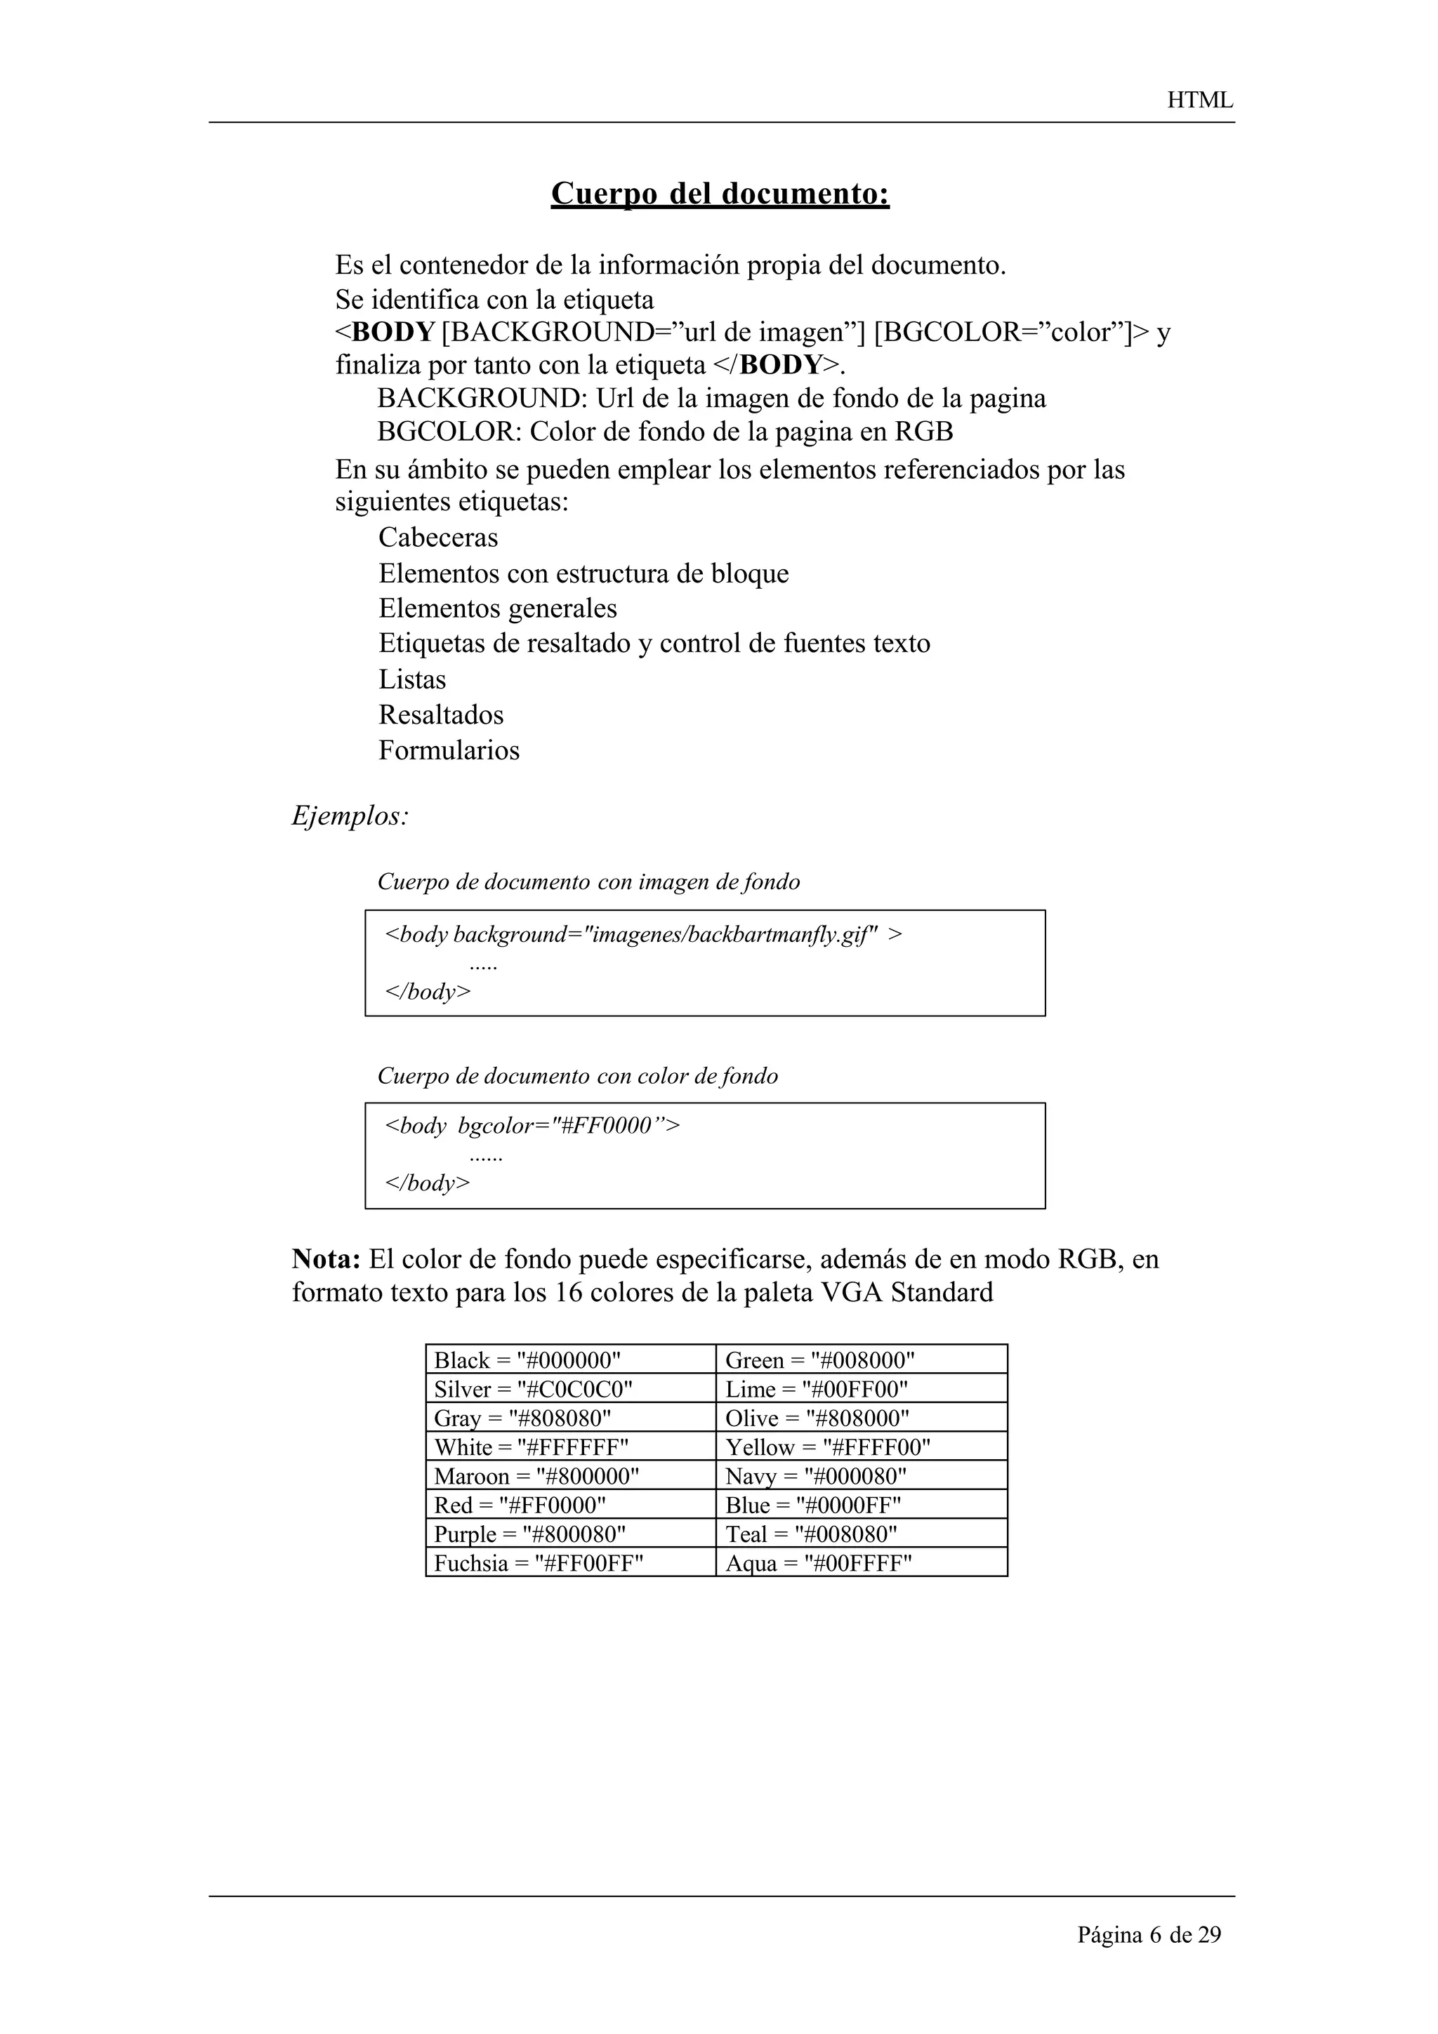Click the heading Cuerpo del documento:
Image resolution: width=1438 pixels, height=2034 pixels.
pyautogui.click(x=720, y=193)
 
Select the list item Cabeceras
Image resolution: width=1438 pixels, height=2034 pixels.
pyautogui.click(x=437, y=538)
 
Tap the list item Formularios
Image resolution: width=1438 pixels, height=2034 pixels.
pyautogui.click(x=449, y=750)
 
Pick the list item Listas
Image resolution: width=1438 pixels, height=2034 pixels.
pyautogui.click(x=412, y=679)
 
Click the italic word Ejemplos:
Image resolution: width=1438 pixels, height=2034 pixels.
pyautogui.click(x=350, y=816)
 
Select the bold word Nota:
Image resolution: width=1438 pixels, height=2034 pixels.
pyautogui.click(x=325, y=1259)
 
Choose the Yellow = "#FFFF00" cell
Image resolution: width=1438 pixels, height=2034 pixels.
pyautogui.click(x=828, y=1447)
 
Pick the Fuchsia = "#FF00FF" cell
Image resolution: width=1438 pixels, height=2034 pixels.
pyautogui.click(x=538, y=1564)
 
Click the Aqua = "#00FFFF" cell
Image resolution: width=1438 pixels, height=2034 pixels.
pyautogui.click(x=818, y=1564)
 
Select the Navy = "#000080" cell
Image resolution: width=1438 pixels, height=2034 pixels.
pyautogui.click(x=815, y=1477)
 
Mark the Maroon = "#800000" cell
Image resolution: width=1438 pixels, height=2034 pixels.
pyautogui.click(x=536, y=1477)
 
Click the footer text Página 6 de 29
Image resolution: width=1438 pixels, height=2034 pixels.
pyautogui.click(x=1148, y=1935)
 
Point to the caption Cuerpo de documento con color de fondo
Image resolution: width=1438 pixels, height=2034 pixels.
pyautogui.click(x=578, y=1077)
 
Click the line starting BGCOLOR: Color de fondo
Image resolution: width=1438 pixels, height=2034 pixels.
pyautogui.click(x=664, y=432)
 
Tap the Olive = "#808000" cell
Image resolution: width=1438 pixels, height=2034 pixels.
pyautogui.click(x=817, y=1418)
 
